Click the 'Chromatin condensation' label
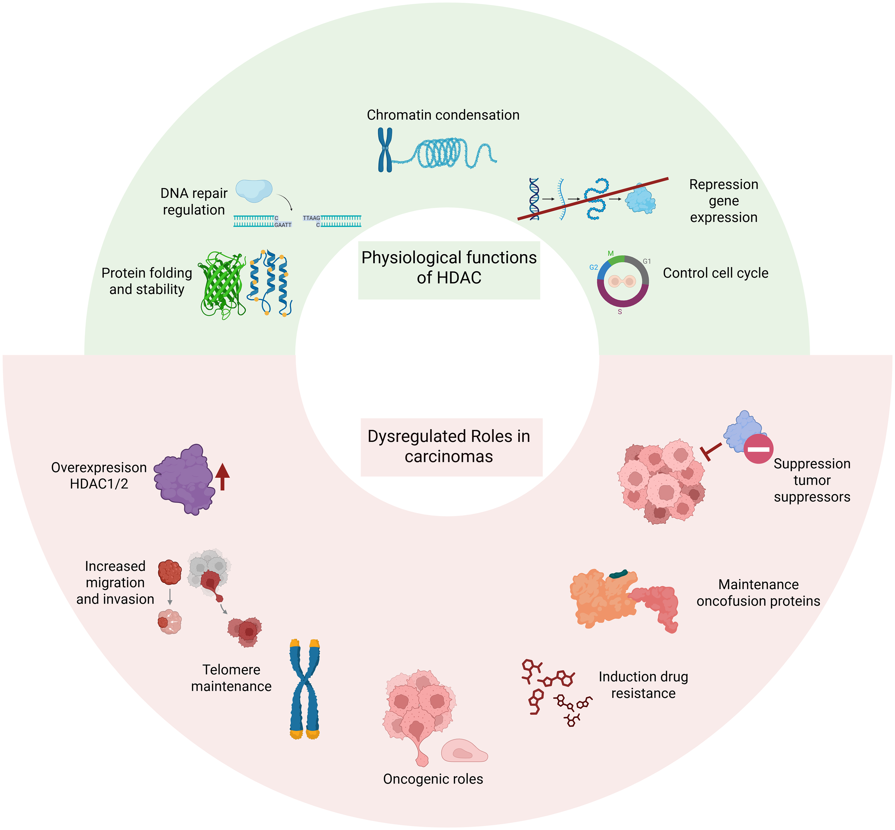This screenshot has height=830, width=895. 443,115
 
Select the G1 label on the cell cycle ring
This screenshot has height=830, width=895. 647,261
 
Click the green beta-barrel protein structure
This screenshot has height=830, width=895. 222,284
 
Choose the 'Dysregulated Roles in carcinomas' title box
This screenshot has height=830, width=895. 451,447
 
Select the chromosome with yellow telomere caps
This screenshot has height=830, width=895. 305,689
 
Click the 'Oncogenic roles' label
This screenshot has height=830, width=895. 433,779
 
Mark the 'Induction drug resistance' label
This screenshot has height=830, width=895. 643,685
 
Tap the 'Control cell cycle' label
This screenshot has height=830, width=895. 716,273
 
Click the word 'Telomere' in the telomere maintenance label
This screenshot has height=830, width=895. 231,670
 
